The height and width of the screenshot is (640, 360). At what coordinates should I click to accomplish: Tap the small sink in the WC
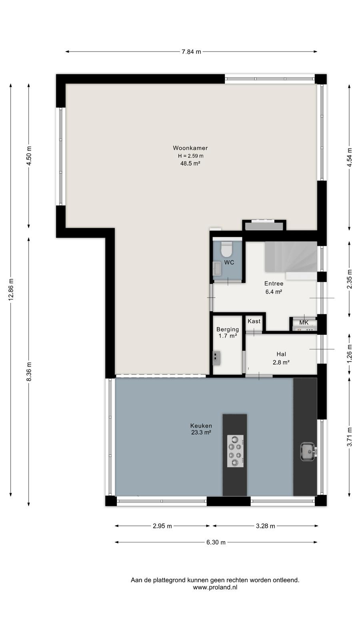point(217,268)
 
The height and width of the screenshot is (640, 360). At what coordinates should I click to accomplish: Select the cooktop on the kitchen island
point(236,451)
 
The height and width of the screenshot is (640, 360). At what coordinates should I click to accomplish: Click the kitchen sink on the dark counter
point(308,452)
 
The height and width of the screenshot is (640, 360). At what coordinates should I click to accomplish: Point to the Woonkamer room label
point(190,148)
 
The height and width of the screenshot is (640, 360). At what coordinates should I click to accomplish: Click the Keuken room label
point(201,426)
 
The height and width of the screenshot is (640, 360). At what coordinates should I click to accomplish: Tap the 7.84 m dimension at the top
point(192,52)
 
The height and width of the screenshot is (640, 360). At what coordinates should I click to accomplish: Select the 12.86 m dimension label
point(11,289)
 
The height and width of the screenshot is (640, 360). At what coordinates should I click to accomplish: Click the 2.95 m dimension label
point(162,526)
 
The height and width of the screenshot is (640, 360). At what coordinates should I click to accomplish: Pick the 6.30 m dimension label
point(216,542)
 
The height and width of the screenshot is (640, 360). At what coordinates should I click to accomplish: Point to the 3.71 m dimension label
point(349,437)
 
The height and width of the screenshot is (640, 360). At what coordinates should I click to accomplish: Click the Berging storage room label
point(228,330)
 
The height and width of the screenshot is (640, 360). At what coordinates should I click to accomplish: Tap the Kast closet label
point(254,321)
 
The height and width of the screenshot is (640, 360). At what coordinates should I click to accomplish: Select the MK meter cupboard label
point(304,322)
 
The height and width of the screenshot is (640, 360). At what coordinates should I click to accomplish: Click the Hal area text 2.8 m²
point(281,362)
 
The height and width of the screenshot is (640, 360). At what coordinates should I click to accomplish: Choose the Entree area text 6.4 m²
point(274,292)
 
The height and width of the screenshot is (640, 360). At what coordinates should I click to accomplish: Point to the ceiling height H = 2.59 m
point(190,156)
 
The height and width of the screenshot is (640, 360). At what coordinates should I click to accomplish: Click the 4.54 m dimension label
point(349,158)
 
